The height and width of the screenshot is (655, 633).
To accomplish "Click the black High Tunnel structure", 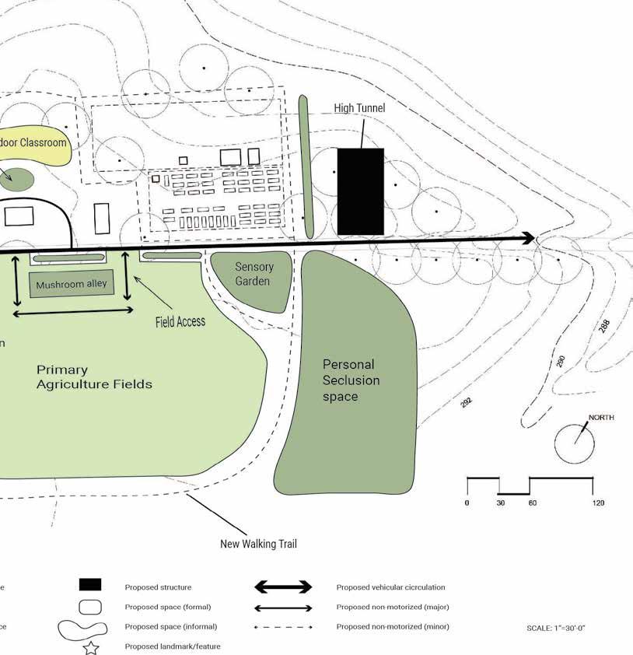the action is coord(361,191).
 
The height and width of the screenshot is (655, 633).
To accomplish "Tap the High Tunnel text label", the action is coord(359,108).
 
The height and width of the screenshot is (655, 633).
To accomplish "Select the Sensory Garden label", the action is coord(254,274).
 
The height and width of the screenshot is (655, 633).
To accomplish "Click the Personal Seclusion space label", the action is coord(351,380).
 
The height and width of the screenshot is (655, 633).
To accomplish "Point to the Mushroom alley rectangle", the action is coord(72,285).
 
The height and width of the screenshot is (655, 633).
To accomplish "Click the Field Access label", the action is coord(180,321).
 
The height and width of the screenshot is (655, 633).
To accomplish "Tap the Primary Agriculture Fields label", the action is coord(94,377).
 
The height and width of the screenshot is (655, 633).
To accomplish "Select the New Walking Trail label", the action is coord(258,545).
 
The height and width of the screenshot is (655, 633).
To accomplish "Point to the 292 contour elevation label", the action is coord(467,402).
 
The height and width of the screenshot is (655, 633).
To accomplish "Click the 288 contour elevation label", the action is coord(605,327).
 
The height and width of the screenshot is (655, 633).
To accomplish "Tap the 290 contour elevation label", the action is coord(561,361).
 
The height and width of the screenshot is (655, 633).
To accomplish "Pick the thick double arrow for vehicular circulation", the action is coord(284,587).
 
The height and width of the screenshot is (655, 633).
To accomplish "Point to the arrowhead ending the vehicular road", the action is coord(529,238).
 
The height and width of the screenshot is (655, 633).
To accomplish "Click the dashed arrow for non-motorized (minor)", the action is coord(284,627).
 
